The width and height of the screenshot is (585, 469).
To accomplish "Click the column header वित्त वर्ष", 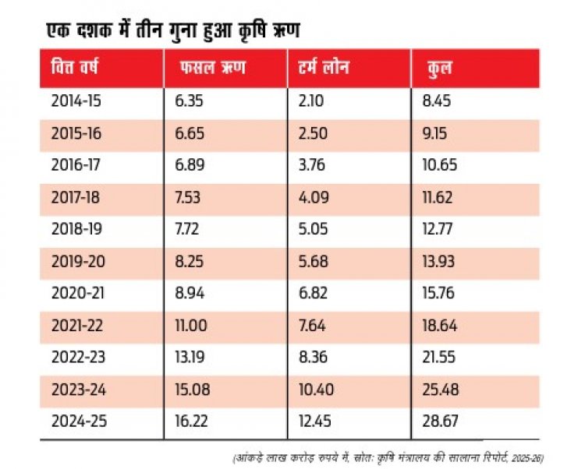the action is coord(75,68).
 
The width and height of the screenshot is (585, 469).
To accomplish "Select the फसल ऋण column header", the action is coord(213,68).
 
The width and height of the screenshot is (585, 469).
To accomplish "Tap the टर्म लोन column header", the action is coord(324,68).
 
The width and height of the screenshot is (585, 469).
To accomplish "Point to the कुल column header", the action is coord(439,69).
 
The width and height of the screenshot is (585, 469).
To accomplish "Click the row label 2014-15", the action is coord(76,101).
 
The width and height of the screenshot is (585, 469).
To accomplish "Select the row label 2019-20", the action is coord(78,261).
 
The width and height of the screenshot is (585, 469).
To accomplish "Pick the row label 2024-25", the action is coord(79,421).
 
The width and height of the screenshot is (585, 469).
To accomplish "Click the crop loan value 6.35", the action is coord(190,101).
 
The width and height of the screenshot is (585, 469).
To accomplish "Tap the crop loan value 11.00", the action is coord(191,326).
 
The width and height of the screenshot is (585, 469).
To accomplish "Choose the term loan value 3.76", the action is coord(311,165).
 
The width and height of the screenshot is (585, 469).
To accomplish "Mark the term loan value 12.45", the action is coord(315,421).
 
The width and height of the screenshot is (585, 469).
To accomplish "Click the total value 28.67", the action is coord(440,421).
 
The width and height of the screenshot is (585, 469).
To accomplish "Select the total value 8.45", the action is coord(437,101).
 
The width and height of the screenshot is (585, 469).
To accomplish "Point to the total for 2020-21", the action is coord(438,293).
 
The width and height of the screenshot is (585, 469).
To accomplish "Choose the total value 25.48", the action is coord(441,390).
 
